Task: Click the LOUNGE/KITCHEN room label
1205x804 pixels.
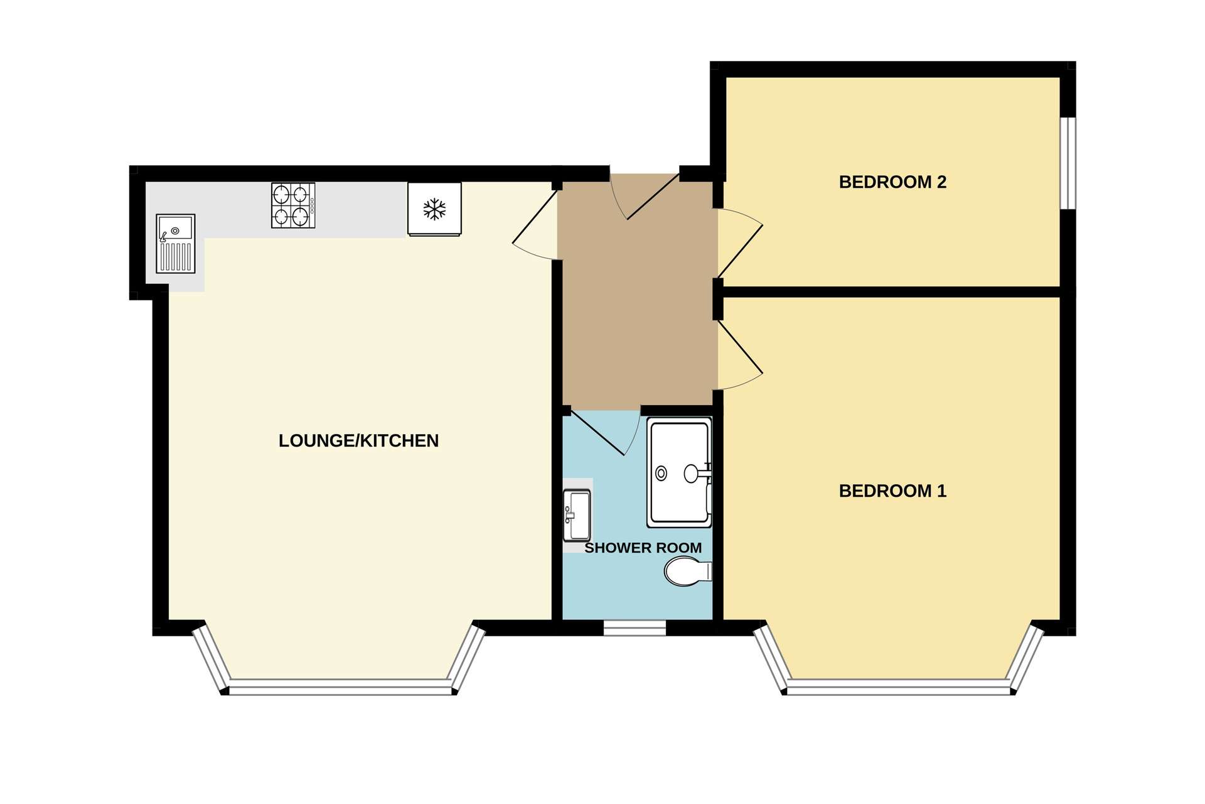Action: (x=358, y=441)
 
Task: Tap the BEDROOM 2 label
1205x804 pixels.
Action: (x=892, y=182)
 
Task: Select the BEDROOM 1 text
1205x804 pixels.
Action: (x=892, y=491)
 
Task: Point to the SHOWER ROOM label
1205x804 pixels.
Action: (x=643, y=548)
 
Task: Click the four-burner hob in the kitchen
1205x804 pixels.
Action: (x=293, y=205)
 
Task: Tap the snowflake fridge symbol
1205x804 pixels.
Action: (x=434, y=209)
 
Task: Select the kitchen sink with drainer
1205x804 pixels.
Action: (x=176, y=244)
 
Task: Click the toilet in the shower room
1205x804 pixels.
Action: (x=688, y=571)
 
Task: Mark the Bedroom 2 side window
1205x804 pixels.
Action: (x=1068, y=163)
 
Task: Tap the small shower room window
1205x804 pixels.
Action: (x=635, y=628)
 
